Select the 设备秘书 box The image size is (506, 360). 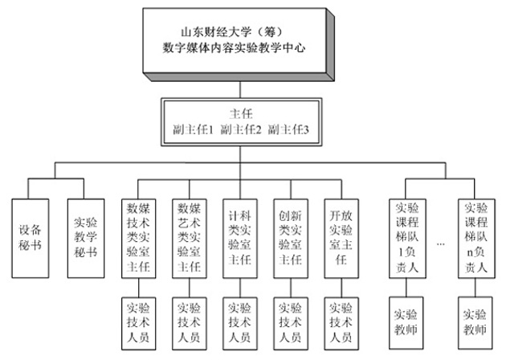[x=31, y=233]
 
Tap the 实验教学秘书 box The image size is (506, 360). [x=84, y=233]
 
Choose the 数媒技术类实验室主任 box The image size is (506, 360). [x=138, y=233]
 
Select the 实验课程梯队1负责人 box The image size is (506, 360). [x=408, y=233]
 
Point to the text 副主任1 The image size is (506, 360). [x=194, y=129]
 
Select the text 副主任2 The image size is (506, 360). [x=241, y=129]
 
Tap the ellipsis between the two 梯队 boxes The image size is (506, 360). [x=441, y=242]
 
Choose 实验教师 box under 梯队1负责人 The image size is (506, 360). [x=408, y=318]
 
